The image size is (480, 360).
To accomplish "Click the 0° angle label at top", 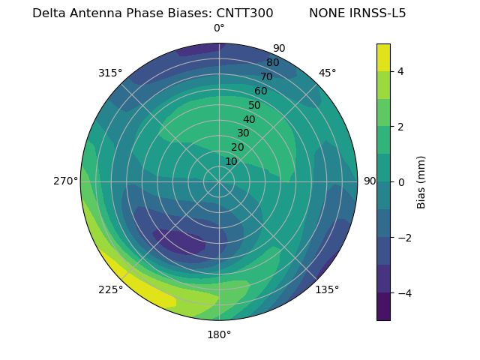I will click(x=219, y=28).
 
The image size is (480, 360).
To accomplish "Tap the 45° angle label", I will click(x=327, y=73).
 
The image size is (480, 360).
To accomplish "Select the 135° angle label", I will click(x=327, y=289).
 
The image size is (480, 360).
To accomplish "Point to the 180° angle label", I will click(x=219, y=334).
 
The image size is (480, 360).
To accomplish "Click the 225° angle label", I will click(x=110, y=289).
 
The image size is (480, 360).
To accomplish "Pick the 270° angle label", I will click(x=66, y=181).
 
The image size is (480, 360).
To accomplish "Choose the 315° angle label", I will click(x=110, y=73).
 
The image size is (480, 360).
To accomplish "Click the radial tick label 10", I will click(x=231, y=161).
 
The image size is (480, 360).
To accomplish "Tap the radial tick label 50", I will click(x=254, y=106).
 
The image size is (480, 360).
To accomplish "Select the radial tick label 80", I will click(x=272, y=63).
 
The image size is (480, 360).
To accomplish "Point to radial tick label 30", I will click(x=243, y=133).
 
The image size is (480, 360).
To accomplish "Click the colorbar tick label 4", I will click(x=401, y=71).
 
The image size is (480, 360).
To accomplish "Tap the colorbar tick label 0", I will click(x=401, y=182).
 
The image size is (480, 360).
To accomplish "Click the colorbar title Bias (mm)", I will click(x=421, y=182).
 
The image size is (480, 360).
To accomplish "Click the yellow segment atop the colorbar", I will click(x=383, y=57).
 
